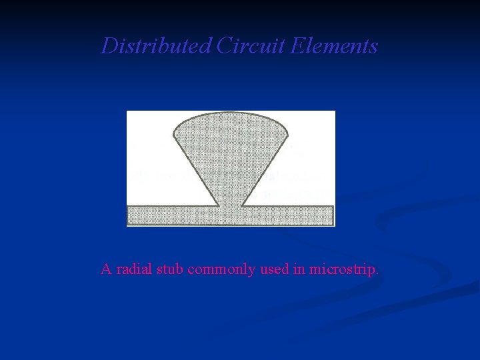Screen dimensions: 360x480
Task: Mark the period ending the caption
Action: (378, 273)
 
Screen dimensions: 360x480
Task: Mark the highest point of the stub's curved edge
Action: (231, 111)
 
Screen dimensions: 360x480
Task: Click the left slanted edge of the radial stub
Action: (195, 170)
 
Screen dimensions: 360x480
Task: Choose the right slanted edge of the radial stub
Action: (267, 170)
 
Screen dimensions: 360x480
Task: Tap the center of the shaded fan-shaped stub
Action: (231, 150)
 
